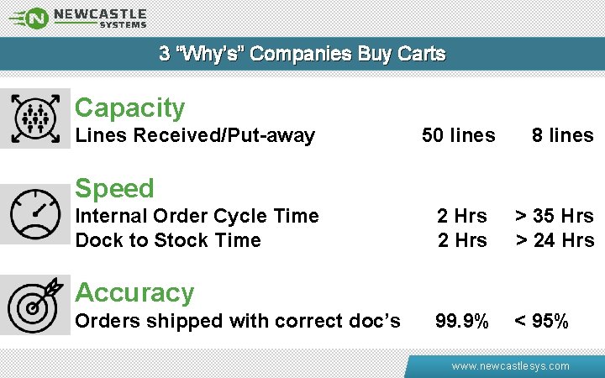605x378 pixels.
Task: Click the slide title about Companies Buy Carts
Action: (x=302, y=54)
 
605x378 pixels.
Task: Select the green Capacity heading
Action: (x=129, y=108)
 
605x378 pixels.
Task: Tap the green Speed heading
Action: (x=114, y=188)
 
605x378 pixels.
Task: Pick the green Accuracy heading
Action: (x=134, y=292)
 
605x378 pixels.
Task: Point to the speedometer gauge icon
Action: (x=34, y=214)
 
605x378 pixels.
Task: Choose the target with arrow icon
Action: (x=34, y=305)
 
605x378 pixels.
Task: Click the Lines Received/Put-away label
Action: (x=195, y=135)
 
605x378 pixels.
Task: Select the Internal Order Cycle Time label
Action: (x=197, y=216)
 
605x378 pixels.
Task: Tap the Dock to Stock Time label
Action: (x=168, y=240)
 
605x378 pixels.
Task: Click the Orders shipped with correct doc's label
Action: (x=238, y=321)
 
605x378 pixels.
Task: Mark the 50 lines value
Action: (x=458, y=135)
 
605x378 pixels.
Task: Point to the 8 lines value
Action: (x=562, y=135)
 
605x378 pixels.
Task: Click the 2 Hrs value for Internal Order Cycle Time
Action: (x=461, y=216)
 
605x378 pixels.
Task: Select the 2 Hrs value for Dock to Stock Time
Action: (x=461, y=240)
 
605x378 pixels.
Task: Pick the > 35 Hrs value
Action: (x=555, y=216)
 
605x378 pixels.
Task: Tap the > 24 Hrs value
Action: (x=555, y=240)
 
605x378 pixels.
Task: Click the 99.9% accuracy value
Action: (x=461, y=321)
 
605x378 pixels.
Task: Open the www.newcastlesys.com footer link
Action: (x=510, y=366)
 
